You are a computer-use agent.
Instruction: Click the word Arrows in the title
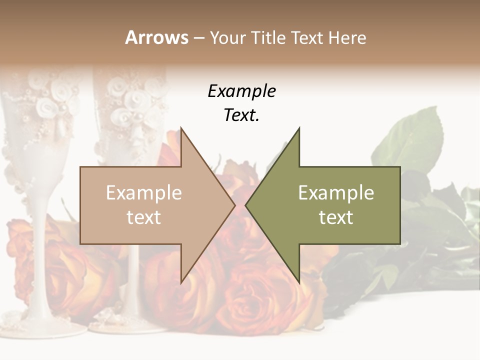(156, 37)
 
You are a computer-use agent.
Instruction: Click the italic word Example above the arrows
(242, 91)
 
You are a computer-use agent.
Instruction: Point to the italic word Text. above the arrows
(242, 115)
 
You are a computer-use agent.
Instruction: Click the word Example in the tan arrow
(143, 193)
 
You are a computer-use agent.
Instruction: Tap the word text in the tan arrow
(143, 217)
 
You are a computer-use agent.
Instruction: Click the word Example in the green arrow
(336, 193)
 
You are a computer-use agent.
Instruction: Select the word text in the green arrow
(336, 217)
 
